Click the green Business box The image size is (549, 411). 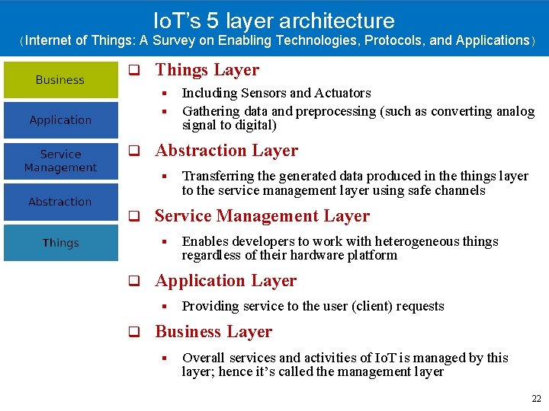coord(61,80)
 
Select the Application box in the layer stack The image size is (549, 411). coord(61,120)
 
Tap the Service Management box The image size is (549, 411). coord(61,161)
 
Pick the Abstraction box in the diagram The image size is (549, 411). coord(61,202)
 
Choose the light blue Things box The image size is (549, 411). coord(61,244)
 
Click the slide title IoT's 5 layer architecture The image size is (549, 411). coord(274,21)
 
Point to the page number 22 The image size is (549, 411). coord(535,399)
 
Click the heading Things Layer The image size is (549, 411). coord(207,70)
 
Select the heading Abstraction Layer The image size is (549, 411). coord(226,151)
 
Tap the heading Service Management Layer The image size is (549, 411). coord(262,216)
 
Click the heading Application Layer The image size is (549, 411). coord(226,281)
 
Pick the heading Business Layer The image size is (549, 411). coord(213,332)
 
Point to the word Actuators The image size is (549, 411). coord(342,94)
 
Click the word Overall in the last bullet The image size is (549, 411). coord(203,358)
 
